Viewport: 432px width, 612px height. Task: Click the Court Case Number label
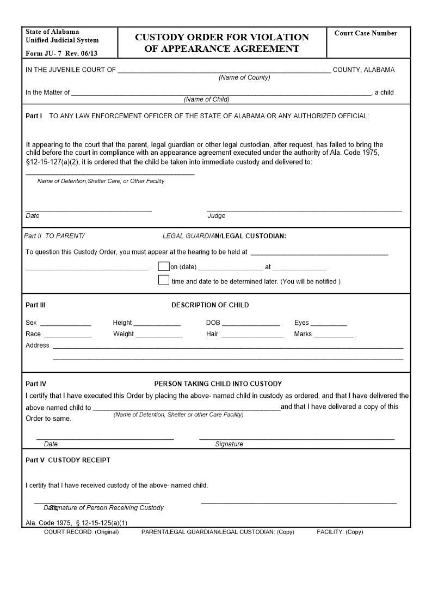(366, 33)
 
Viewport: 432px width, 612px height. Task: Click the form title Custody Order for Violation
(221, 37)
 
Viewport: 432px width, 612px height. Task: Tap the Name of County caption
(244, 77)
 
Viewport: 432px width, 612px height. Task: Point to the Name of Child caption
(206, 99)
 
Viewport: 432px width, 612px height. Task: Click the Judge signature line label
(217, 216)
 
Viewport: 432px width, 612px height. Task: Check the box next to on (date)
(163, 266)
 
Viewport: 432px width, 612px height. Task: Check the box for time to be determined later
(163, 280)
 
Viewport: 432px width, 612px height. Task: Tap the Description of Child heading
(210, 305)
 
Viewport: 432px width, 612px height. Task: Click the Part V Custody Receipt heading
(68, 460)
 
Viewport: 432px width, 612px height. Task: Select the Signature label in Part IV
(229, 444)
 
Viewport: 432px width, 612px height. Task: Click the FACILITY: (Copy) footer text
(340, 532)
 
